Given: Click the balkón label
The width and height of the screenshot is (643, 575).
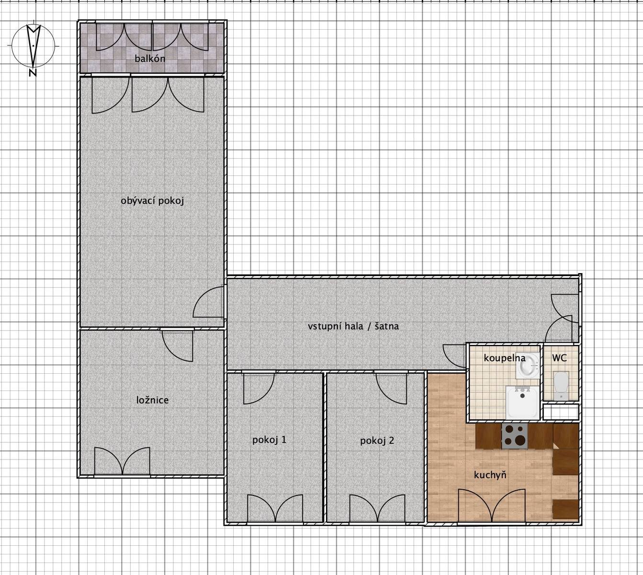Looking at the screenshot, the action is click(x=150, y=59).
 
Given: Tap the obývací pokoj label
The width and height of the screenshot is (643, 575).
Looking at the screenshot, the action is click(x=152, y=201).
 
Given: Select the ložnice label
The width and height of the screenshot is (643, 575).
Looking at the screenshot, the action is click(x=152, y=400).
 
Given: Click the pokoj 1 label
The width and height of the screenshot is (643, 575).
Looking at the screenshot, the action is click(x=269, y=440).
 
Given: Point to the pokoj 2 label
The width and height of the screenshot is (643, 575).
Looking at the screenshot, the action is click(x=377, y=441).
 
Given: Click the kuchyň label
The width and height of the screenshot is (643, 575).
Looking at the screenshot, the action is click(x=490, y=475).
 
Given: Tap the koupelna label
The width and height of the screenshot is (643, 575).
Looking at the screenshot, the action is click(x=504, y=358).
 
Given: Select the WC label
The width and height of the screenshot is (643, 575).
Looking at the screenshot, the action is click(x=559, y=358).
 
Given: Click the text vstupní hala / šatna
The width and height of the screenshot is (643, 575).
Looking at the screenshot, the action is click(x=353, y=326).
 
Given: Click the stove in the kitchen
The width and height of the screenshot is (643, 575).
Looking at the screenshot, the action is click(x=515, y=436).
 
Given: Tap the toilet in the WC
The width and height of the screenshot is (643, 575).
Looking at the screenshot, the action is click(x=561, y=385).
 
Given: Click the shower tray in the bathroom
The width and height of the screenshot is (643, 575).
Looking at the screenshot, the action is click(x=522, y=402).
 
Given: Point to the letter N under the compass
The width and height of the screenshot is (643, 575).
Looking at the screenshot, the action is click(x=33, y=73).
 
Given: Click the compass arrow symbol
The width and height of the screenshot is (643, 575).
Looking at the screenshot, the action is click(x=34, y=46).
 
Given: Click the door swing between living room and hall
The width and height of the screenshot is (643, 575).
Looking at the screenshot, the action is click(x=208, y=302).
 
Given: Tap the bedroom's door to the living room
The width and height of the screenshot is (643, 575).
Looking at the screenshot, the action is click(x=178, y=345).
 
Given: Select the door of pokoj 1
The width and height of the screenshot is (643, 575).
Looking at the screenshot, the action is click(x=259, y=389).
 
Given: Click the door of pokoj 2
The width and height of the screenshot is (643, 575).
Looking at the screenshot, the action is click(x=391, y=389).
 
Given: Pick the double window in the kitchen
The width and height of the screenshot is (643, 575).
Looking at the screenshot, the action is click(x=491, y=506).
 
